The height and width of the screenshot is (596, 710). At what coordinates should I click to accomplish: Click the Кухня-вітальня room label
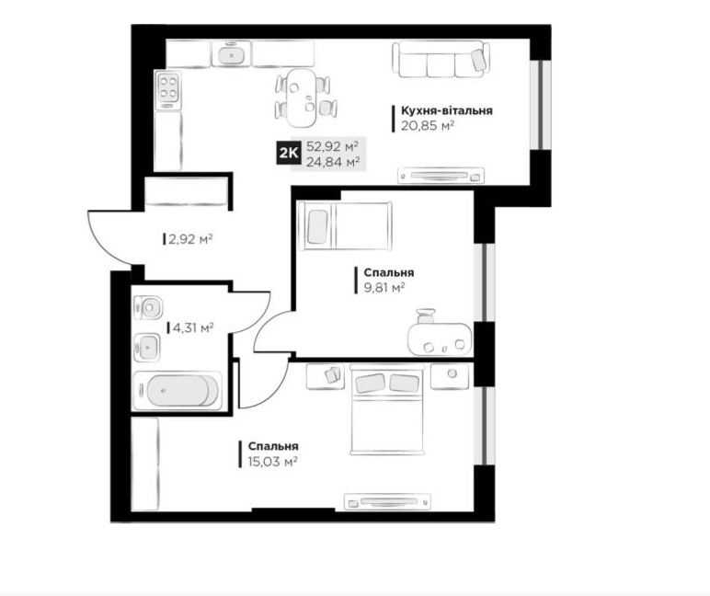[446, 111]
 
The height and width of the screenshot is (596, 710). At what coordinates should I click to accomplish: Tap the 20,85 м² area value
[428, 126]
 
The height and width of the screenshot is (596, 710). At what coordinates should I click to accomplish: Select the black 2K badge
[288, 154]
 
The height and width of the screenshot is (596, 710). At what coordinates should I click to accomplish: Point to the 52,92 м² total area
[332, 147]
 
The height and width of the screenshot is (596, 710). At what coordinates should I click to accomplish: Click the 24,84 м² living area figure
[333, 162]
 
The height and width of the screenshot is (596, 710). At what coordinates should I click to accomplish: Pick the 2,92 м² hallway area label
[190, 238]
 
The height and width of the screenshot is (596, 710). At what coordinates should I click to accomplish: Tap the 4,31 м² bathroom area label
[193, 327]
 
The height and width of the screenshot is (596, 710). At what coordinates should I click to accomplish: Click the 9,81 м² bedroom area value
[384, 288]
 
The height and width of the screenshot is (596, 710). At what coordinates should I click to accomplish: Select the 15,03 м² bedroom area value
[272, 462]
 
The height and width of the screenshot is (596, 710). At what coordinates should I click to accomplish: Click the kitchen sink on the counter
[232, 52]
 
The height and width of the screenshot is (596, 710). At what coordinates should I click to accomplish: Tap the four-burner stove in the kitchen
[168, 90]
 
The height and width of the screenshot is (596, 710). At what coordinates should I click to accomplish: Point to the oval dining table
[302, 97]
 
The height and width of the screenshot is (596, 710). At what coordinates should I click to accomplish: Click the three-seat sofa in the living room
[441, 60]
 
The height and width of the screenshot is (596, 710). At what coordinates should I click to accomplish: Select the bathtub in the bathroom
[177, 390]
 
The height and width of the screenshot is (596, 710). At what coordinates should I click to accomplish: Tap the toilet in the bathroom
[148, 308]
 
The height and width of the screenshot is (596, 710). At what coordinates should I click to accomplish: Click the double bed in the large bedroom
[387, 411]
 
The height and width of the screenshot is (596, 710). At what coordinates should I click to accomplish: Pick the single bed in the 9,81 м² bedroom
[348, 225]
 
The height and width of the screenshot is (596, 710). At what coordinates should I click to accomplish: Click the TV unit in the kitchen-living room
[441, 176]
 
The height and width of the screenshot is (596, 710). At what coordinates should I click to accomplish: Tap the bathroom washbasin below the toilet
[147, 348]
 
